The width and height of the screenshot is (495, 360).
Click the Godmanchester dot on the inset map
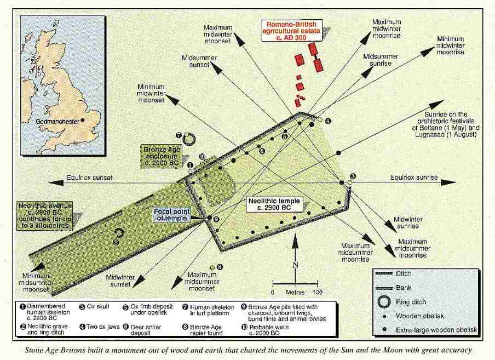coord(83,120)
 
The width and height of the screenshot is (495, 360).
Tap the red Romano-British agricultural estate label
coord(291,31)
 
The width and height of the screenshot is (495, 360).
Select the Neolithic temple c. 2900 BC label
coord(274,204)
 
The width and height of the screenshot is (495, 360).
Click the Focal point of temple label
coord(172,215)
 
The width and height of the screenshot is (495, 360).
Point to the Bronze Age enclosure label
coord(162,156)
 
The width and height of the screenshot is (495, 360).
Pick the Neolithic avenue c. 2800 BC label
coord(45,216)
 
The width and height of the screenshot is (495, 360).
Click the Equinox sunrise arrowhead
coord(448,182)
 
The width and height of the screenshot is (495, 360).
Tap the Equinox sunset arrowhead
coord(55,182)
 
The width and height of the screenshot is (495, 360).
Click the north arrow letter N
coord(295,265)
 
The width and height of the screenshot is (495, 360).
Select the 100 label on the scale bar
coord(317,292)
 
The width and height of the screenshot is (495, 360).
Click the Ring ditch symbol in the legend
coord(384,301)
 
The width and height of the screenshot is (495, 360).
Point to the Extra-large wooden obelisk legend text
coord(436,330)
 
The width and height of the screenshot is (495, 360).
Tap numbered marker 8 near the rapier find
coord(220,267)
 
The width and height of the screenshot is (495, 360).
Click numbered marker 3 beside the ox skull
coord(353,176)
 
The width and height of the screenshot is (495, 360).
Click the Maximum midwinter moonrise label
coord(387,28)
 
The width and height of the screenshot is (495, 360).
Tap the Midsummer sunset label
coord(199,61)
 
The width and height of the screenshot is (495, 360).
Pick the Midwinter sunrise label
coord(408,222)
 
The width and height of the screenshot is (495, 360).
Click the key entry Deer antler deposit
coord(146,330)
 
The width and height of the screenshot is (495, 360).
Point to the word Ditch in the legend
coord(404,273)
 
